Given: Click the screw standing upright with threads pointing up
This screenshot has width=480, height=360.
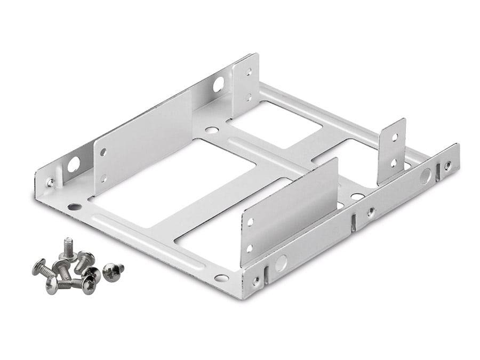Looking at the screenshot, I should click(x=67, y=249).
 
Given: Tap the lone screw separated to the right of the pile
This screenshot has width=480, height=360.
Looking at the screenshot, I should click(x=113, y=271).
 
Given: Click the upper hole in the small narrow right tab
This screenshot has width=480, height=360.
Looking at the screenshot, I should click(x=394, y=137).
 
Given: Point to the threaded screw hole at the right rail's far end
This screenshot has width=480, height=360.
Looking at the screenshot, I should click(x=447, y=165).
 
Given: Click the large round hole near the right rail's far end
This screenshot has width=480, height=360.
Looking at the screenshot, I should click(x=425, y=176).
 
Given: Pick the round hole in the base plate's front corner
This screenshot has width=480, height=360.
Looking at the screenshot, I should click(x=221, y=278).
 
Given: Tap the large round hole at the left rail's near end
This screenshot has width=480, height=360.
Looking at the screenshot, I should click(x=73, y=164).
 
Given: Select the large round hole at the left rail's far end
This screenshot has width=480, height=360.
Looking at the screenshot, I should click(x=219, y=84).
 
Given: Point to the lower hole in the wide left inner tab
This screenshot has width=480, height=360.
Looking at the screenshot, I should click(x=103, y=178).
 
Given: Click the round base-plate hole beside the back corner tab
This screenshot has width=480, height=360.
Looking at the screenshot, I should click(x=212, y=130).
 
